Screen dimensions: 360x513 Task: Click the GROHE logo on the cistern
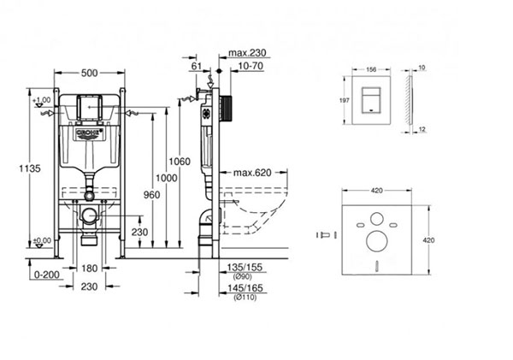(x=89, y=134)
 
